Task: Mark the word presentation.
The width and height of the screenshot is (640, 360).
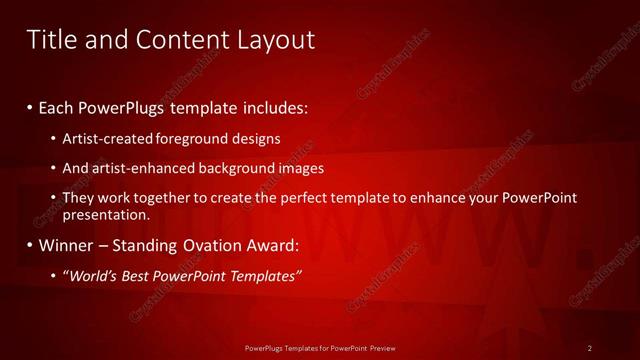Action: [x=106, y=215]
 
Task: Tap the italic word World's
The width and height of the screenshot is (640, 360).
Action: [x=93, y=276]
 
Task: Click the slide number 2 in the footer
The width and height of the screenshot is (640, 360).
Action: [x=590, y=347]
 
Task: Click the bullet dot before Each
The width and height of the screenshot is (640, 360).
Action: [x=30, y=105]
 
